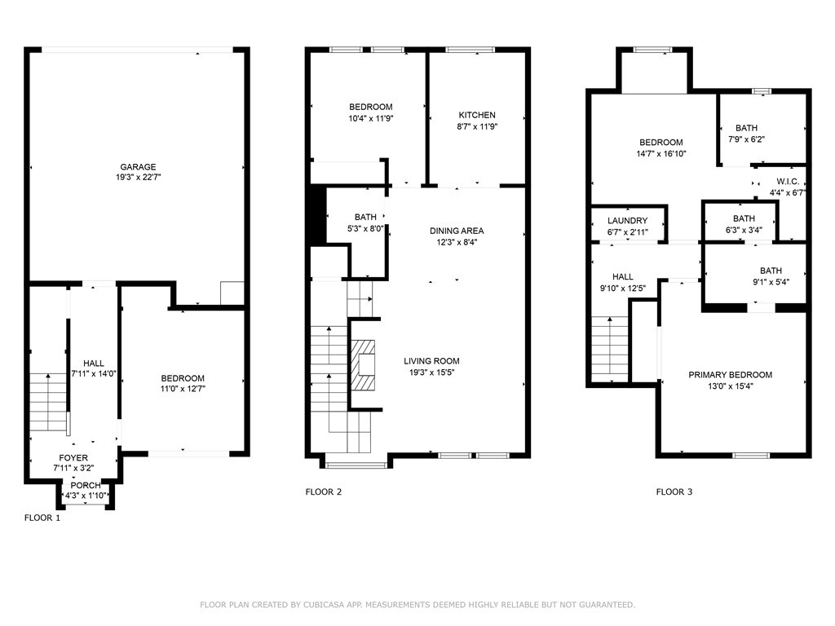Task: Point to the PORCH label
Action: point(86,486)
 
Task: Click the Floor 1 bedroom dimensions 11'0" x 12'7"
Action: point(183,388)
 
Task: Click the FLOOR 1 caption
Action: point(42,518)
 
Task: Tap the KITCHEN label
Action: point(476,116)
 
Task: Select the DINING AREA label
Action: point(457,231)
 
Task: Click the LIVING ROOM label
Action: point(431,361)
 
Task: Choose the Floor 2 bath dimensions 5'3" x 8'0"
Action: point(365,228)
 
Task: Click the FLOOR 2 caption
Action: point(324,492)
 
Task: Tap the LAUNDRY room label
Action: point(627,221)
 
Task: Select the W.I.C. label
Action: point(787,181)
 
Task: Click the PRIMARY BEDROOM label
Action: point(730,375)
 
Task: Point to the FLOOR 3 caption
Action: point(674,492)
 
